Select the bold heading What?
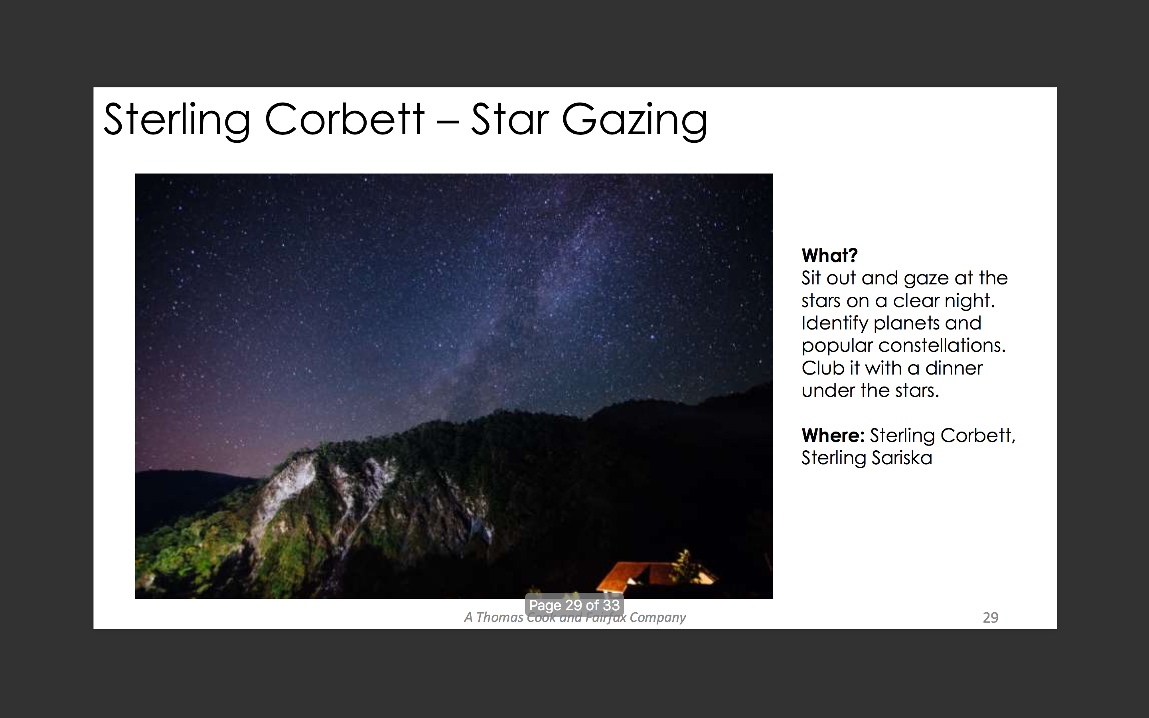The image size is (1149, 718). (829, 255)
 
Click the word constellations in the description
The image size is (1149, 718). (942, 345)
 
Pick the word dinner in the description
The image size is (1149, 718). (954, 368)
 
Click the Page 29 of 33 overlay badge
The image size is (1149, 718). (574, 605)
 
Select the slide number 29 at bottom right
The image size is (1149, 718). (991, 617)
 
